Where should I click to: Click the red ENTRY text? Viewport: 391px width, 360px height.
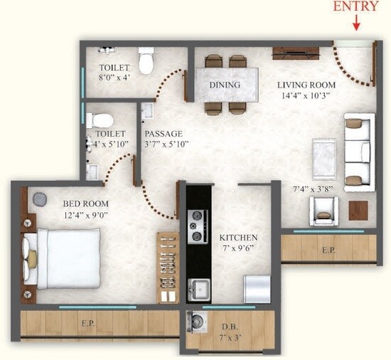356,6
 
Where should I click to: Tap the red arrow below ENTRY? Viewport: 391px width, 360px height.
356,23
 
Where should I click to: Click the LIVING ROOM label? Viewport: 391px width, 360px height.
306,85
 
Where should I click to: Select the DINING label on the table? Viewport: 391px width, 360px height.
225,85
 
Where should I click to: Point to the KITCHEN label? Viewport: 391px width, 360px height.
238,237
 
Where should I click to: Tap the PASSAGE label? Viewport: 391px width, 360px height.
164,133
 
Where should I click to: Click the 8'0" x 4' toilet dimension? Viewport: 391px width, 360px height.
114,79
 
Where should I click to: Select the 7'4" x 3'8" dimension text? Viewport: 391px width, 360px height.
313,189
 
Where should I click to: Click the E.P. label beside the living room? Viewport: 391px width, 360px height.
328,250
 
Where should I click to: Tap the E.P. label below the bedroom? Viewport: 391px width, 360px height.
88,322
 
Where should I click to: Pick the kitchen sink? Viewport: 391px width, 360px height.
199,290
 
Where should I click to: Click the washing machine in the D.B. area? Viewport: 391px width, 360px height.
196,323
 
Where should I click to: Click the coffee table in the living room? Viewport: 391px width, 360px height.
324,152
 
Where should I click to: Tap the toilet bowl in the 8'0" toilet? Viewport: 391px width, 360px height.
146,61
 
